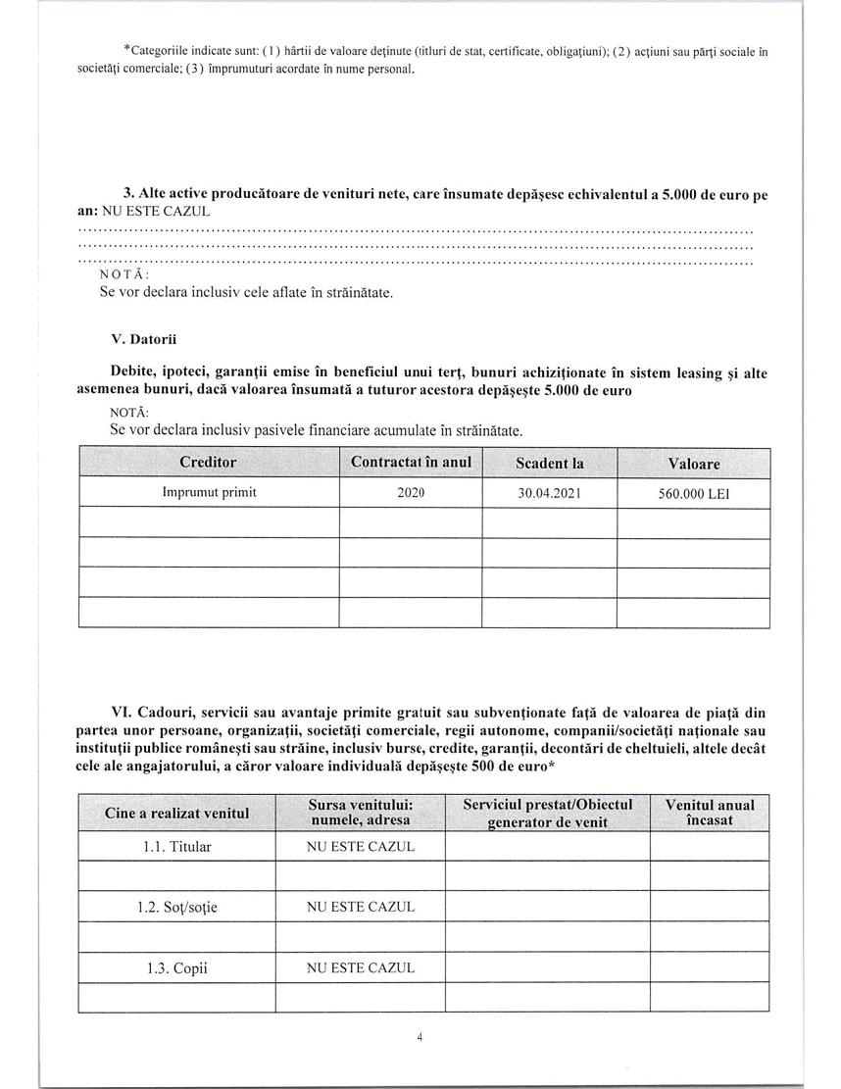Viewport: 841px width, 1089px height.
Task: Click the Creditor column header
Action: click(208, 462)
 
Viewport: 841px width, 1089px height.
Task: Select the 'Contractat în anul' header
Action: click(411, 462)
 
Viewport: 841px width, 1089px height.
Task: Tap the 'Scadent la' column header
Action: click(549, 463)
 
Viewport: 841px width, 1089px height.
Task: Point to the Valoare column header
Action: click(693, 464)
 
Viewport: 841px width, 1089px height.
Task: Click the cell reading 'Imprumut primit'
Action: click(209, 493)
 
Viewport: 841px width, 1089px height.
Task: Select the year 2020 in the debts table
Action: click(411, 493)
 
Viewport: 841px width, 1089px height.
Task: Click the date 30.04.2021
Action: click(549, 494)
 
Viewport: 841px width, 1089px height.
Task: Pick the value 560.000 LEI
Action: click(693, 495)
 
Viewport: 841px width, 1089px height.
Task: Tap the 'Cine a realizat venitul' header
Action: click(177, 814)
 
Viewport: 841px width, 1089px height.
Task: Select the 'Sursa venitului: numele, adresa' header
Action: click(361, 813)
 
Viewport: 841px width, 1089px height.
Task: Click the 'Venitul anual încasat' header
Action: click(710, 813)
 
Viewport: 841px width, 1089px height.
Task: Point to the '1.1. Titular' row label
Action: click(177, 846)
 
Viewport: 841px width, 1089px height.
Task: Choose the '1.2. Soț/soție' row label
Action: click(177, 908)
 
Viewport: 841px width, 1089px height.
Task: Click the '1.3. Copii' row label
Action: click(177, 969)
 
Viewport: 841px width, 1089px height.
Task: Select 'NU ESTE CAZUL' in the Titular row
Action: click(361, 846)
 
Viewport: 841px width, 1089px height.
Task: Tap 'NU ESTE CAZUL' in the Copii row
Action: click(361, 968)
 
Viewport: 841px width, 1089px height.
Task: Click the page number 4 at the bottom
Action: click(420, 1037)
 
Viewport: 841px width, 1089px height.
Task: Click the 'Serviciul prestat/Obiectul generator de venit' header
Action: click(547, 813)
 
